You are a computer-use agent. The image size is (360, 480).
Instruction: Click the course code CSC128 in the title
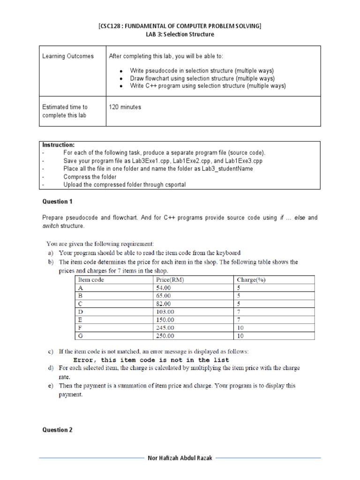click(x=112, y=26)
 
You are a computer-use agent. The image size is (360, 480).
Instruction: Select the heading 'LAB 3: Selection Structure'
click(x=180, y=35)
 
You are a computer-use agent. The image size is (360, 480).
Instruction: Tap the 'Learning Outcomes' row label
click(x=68, y=56)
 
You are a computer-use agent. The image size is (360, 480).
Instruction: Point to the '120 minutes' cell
click(x=125, y=107)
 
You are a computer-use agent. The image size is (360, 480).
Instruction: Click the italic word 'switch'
click(x=50, y=226)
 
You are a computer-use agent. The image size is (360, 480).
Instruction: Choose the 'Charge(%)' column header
click(x=251, y=280)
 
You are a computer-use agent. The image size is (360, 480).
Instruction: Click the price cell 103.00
click(x=165, y=312)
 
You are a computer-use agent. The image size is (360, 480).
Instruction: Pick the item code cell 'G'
click(x=80, y=336)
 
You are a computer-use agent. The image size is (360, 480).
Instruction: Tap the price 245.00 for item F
click(x=165, y=328)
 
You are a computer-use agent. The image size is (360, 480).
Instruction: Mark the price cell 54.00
click(x=163, y=288)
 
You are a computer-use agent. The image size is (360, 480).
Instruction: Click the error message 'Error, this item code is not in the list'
click(x=151, y=360)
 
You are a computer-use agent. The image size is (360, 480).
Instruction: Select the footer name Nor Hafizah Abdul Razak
click(x=180, y=458)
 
